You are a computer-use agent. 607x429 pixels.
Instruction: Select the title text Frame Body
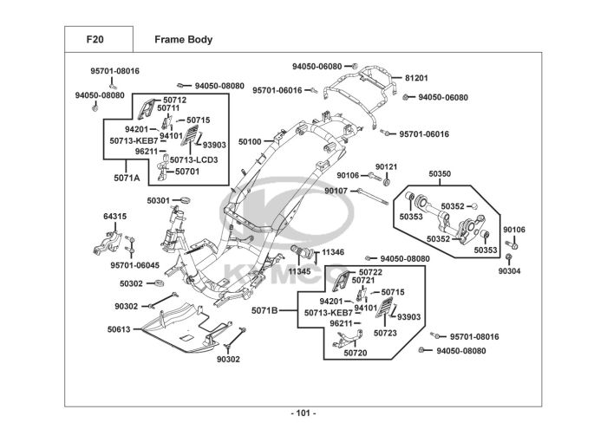183,40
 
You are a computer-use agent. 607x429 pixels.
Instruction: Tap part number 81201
416,78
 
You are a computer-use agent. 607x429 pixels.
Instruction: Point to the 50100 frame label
250,140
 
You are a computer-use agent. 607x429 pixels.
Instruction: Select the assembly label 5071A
127,178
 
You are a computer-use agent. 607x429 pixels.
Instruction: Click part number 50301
159,200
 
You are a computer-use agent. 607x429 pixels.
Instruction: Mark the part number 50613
119,329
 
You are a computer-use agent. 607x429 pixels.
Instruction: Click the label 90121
387,166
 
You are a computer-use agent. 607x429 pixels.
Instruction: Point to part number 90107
336,191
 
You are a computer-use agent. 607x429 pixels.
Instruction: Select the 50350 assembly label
440,174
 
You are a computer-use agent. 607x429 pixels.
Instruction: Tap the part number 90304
510,270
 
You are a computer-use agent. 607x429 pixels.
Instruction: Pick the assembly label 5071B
265,310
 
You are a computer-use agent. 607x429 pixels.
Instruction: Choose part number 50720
356,353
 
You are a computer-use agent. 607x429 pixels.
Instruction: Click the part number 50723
386,333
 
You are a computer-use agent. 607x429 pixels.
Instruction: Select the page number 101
303,413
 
